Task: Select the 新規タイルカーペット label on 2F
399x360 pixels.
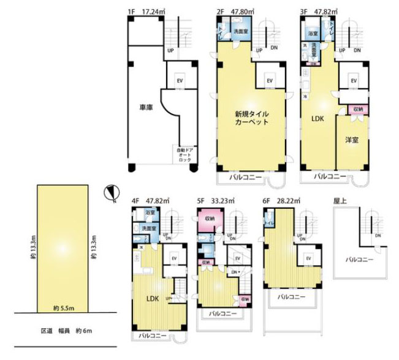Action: point(251,118)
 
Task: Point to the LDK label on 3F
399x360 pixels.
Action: point(318,119)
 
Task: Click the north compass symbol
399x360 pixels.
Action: point(110,194)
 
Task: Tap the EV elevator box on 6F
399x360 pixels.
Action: point(308,258)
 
